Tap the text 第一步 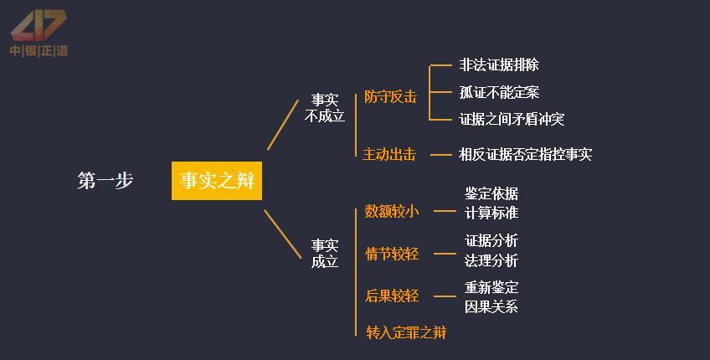pyautogui.click(x=105, y=181)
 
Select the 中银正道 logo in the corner pyautogui.click(x=39, y=33)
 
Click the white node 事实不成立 pyautogui.click(x=325, y=108)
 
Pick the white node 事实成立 pyautogui.click(x=325, y=254)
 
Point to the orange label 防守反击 pyautogui.click(x=390, y=96)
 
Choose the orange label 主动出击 pyautogui.click(x=390, y=154)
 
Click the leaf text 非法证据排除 pyautogui.click(x=499, y=64)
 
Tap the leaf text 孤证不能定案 pyautogui.click(x=499, y=92)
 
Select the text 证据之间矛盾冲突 pyautogui.click(x=512, y=119)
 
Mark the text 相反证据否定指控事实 pyautogui.click(x=525, y=154)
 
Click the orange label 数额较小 pyautogui.click(x=392, y=212)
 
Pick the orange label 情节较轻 pyautogui.click(x=392, y=254)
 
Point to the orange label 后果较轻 pyautogui.click(x=392, y=296)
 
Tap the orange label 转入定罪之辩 pyautogui.click(x=406, y=332)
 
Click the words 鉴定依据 pyautogui.click(x=491, y=194)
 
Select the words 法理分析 pyautogui.click(x=491, y=260)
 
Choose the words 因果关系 pyautogui.click(x=491, y=306)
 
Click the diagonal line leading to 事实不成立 pyautogui.click(x=283, y=125)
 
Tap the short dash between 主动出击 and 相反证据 pyautogui.click(x=440, y=154)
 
